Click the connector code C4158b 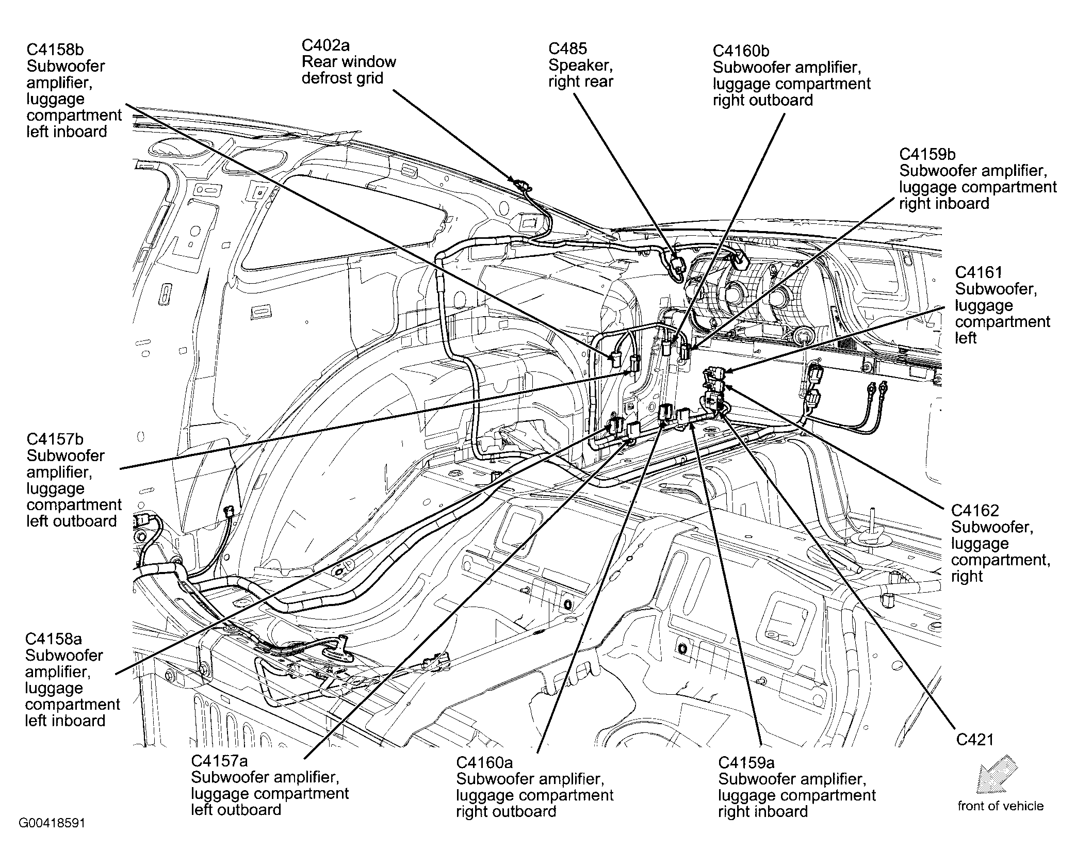coord(55,50)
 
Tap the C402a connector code coord(325,45)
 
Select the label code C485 coord(567,48)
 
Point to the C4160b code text coord(741,51)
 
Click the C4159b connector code coord(927,154)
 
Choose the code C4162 coord(975,511)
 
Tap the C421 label coord(974,740)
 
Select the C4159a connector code coord(746,762)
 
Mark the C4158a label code coord(54,639)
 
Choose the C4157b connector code coord(55,439)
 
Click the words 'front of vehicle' coord(1000,806)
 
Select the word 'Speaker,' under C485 coord(580,65)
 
